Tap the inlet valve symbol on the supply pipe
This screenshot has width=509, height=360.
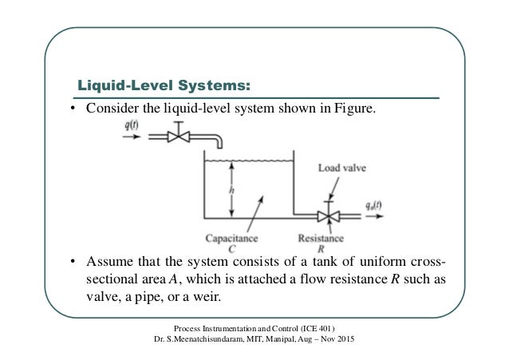pyautogui.click(x=183, y=138)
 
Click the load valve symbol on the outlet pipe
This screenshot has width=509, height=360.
pyautogui.click(x=325, y=216)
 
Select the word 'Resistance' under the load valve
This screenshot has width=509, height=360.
pyautogui.click(x=321, y=238)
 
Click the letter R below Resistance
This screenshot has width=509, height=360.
pyautogui.click(x=321, y=248)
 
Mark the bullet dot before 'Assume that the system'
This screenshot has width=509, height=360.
pyautogui.click(x=72, y=263)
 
